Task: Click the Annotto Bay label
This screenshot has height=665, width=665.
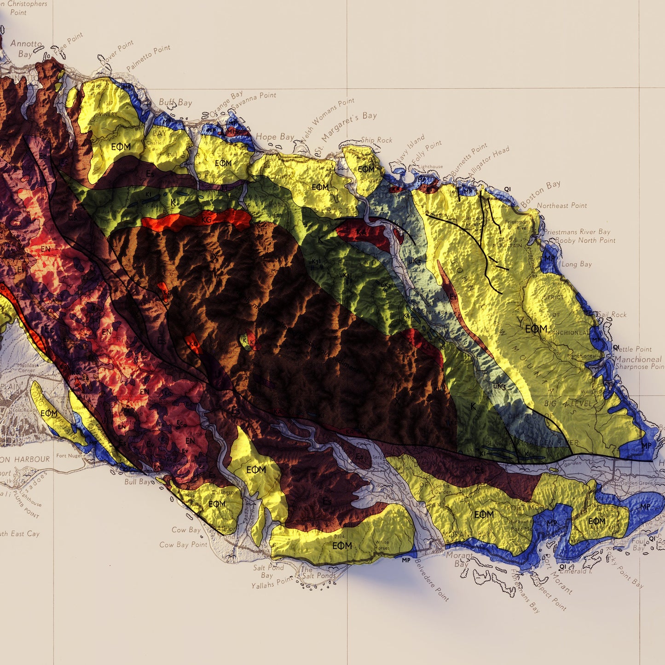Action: (x=26, y=48)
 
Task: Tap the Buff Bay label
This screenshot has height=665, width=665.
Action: (x=175, y=102)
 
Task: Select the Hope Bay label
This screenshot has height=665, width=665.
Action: (x=275, y=137)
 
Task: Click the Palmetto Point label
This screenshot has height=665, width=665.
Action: (x=148, y=58)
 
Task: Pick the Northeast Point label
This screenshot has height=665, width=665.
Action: (x=562, y=206)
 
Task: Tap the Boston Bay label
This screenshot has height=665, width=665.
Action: (x=541, y=194)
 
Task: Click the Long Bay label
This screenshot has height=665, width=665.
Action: (x=577, y=264)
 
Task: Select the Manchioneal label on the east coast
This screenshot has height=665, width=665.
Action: (x=638, y=359)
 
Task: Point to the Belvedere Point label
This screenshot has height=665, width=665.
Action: (x=432, y=579)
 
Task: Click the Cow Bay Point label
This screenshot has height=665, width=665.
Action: (x=183, y=544)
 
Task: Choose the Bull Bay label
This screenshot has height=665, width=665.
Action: (x=138, y=482)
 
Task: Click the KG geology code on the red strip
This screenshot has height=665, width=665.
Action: (x=207, y=220)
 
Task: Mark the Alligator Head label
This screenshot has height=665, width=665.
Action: (x=489, y=161)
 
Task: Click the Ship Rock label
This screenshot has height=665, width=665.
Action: (x=376, y=140)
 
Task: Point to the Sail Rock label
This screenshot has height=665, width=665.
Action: (x=612, y=315)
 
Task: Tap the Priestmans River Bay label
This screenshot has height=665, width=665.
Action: (x=578, y=231)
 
